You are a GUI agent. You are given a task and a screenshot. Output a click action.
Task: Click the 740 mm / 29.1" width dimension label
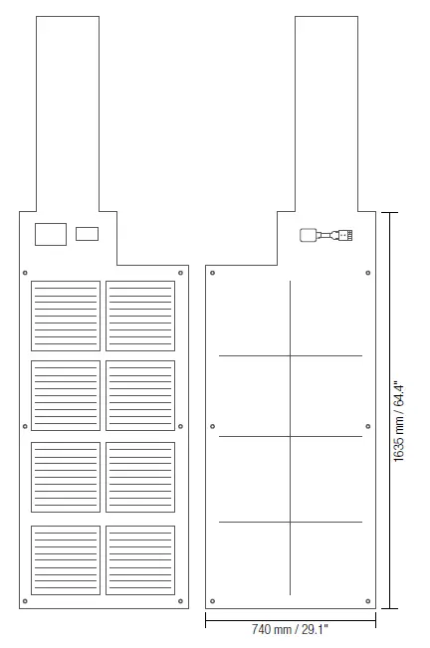[x=290, y=629]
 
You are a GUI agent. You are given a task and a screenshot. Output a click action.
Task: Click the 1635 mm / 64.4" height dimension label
[x=398, y=421]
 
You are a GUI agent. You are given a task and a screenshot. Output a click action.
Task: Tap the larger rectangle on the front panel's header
[x=51, y=234]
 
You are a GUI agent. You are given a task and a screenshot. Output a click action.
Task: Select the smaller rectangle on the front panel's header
[x=87, y=234]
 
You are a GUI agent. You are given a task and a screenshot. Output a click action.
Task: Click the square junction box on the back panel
[x=308, y=235]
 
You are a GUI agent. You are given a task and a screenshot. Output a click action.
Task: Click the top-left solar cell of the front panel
[x=66, y=317]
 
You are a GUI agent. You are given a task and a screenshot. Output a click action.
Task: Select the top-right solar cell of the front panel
[x=140, y=317]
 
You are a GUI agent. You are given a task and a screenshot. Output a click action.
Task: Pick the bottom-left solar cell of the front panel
[x=66, y=560]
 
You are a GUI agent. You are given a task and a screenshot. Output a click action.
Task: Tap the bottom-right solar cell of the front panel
[x=140, y=560]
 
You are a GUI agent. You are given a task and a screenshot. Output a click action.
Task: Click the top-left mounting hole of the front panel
[x=25, y=273]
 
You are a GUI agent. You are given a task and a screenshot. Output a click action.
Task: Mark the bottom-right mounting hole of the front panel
[x=180, y=601]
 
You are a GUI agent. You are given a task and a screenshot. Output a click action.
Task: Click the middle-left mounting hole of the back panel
[x=213, y=426]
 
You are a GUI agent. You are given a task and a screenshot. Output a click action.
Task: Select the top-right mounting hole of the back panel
[x=368, y=273]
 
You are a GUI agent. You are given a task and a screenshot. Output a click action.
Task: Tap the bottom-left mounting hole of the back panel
[x=213, y=601]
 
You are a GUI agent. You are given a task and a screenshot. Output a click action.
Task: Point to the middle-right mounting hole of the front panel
[x=180, y=426]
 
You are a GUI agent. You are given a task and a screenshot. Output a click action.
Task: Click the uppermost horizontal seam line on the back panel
[x=291, y=355]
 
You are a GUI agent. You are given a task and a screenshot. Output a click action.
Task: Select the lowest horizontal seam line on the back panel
[x=291, y=522]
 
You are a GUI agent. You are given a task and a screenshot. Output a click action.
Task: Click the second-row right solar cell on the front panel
[x=140, y=395]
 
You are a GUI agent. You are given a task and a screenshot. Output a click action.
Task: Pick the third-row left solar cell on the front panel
[x=66, y=478]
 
